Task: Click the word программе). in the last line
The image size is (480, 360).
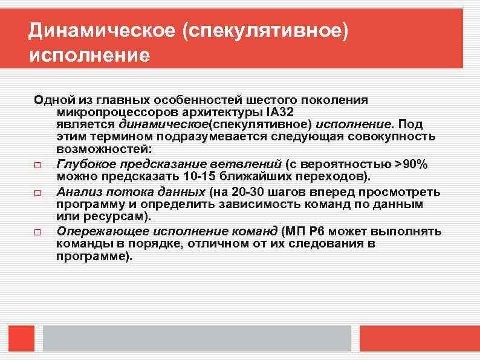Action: (x=94, y=256)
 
